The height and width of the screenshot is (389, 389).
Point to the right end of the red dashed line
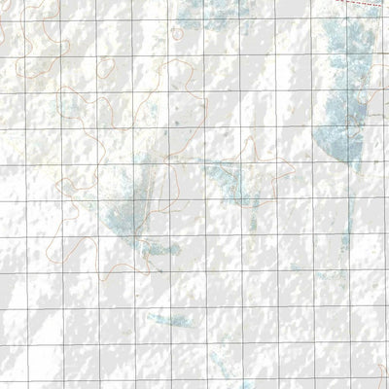387,6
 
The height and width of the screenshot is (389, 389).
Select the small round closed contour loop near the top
176,32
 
